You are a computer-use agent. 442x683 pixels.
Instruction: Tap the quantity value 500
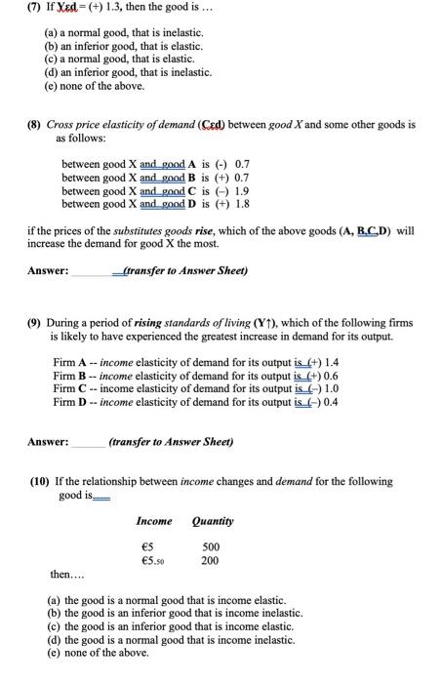[210, 546]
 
